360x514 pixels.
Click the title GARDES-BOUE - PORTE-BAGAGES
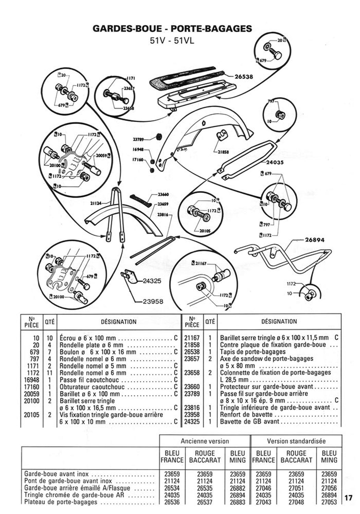coord(172,29)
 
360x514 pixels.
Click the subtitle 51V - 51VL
coord(172,40)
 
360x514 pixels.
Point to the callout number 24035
coord(274,163)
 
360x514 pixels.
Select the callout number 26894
coord(314,240)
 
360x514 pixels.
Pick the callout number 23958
coord(154,302)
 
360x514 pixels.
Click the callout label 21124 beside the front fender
coord(96,203)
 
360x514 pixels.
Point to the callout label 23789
coord(139,139)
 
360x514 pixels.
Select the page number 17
coord(348,498)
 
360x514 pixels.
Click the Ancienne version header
coord(205,441)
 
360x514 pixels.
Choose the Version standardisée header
coord(296,441)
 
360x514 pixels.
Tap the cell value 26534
coord(172,488)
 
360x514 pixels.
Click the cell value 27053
coord(329,502)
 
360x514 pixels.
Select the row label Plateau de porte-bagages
coord(61,502)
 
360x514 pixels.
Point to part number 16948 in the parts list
coord(32,380)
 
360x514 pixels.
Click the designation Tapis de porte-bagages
coord(253,352)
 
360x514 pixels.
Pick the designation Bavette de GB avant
coord(250,422)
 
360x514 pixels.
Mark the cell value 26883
coord(238,502)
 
